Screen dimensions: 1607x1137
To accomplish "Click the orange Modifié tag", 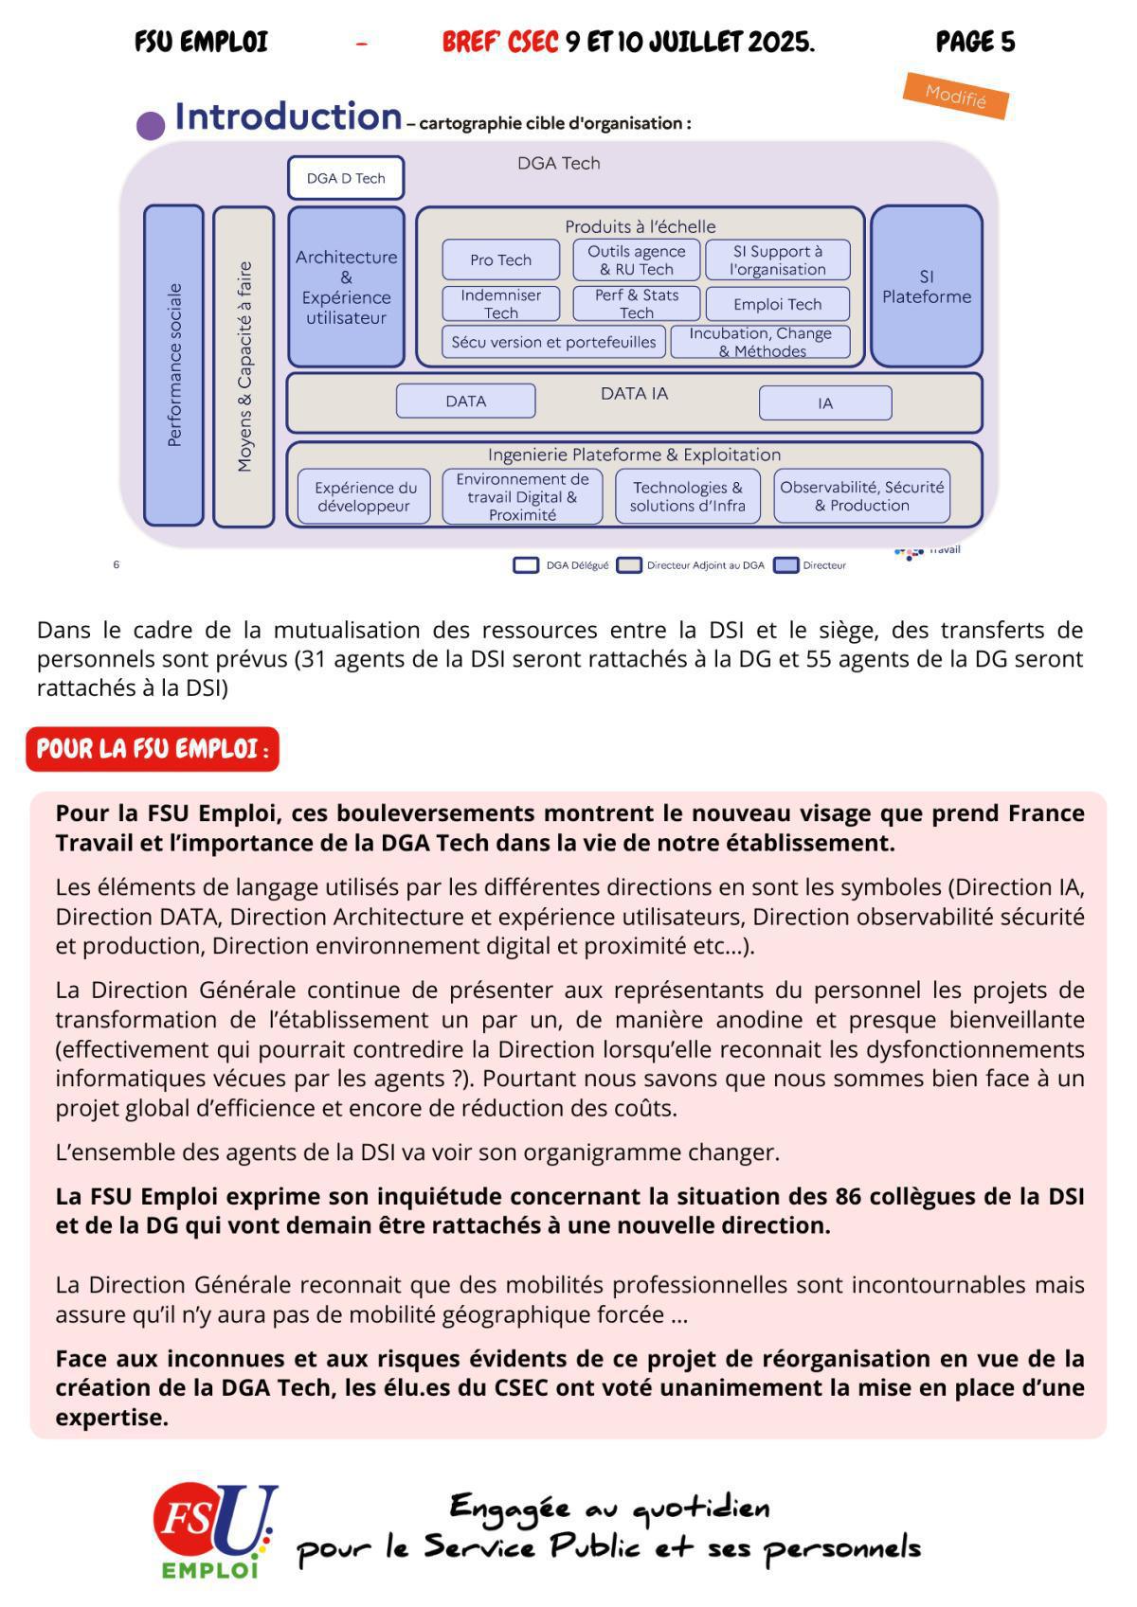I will (955, 96).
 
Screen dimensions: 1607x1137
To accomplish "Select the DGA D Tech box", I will (346, 178).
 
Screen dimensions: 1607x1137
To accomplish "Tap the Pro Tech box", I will (501, 259).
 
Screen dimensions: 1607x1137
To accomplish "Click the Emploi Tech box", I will (777, 304).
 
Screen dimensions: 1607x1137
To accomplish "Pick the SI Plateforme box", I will (926, 286).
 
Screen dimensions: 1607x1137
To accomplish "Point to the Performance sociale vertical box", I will (173, 365).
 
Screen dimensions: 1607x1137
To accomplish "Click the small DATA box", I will (465, 401).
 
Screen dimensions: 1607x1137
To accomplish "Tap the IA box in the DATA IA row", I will (824, 402).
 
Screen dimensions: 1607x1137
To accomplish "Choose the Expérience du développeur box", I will (365, 496).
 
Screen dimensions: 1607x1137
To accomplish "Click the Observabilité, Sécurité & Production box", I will (861, 496).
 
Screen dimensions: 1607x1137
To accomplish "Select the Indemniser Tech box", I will (500, 304).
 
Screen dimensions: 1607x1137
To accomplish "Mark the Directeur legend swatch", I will (785, 565).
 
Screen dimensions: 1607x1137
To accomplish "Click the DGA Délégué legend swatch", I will (526, 565).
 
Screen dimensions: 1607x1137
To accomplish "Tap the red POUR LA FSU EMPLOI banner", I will (153, 749).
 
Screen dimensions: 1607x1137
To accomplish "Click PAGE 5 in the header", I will (975, 42).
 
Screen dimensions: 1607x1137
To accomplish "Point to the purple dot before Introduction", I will (151, 126).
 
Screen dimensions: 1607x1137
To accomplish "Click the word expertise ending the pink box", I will (111, 1418).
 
